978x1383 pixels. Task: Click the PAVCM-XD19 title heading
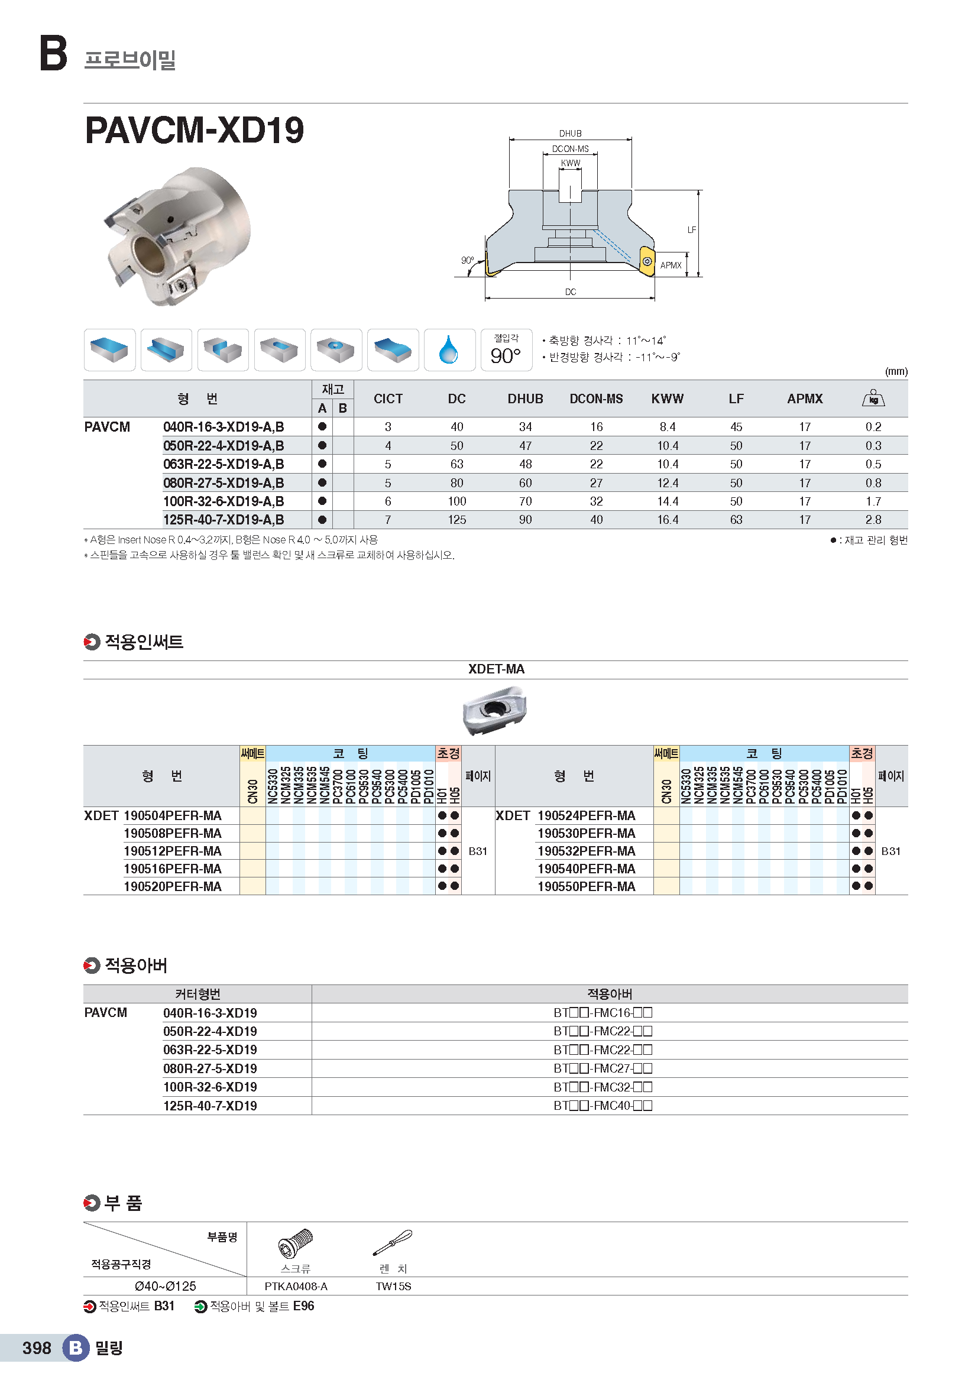point(195,130)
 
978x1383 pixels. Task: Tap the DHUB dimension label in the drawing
point(569,134)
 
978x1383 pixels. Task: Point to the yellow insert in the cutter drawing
point(646,261)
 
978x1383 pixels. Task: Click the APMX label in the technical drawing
point(671,265)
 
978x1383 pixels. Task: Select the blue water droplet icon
point(449,349)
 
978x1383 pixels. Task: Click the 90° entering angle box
point(506,350)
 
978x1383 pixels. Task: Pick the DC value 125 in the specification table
point(456,520)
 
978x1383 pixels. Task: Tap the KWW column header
point(667,399)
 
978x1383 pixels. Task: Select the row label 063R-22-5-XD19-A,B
point(224,464)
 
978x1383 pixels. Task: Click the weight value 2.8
point(873,520)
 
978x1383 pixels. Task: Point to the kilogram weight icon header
point(873,398)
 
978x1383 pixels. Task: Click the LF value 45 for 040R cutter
point(736,427)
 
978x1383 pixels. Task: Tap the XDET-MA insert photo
point(494,711)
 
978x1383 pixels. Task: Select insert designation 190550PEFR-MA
point(586,887)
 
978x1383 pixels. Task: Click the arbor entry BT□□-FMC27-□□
point(602,1068)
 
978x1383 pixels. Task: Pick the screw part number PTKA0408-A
point(296,1287)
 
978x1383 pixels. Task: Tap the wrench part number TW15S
point(393,1287)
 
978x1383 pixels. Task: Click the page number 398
point(37,1348)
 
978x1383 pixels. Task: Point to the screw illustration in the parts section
point(295,1243)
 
